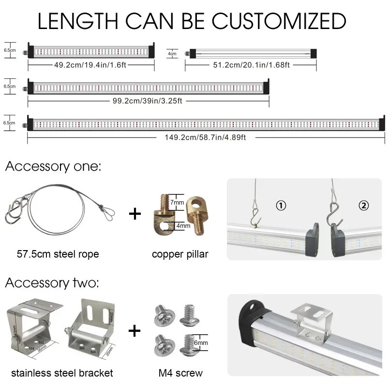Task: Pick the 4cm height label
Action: (172, 54)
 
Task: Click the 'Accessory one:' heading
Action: (53, 167)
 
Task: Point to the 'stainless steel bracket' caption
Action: (62, 373)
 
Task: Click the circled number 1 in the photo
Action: (281, 206)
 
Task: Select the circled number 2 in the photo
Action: (364, 206)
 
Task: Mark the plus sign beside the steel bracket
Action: (134, 331)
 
